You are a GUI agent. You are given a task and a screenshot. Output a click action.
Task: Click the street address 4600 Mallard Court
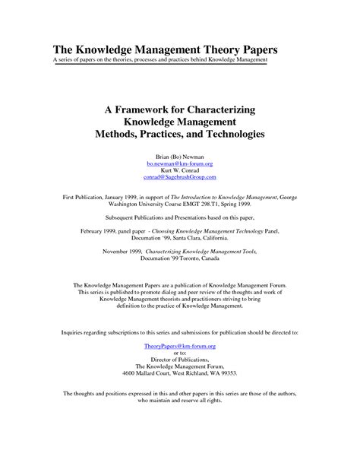tap(149, 373)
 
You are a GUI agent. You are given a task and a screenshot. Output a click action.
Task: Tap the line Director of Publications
tap(179, 359)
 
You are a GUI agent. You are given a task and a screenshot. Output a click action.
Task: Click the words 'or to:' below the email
tap(179, 352)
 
